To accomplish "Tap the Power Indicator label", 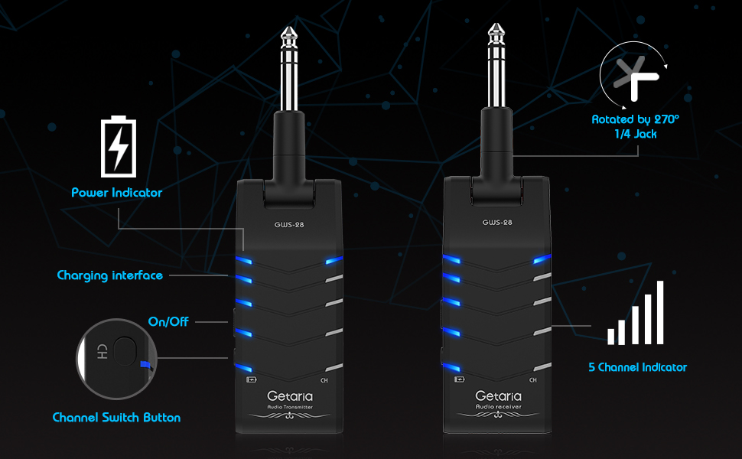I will point(117,193).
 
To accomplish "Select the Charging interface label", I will point(110,275).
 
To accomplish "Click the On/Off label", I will point(168,321).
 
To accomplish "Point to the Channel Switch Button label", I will point(116,418).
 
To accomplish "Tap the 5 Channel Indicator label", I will point(638,367).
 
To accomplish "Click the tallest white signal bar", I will point(660,312).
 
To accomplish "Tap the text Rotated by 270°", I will point(634,119).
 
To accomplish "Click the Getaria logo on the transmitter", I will point(288,396).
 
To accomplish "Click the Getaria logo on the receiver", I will point(498,396).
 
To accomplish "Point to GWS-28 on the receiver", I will point(497,223).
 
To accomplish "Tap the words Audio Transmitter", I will point(288,407).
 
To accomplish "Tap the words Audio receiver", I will point(498,407).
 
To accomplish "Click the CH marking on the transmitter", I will point(324,380).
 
